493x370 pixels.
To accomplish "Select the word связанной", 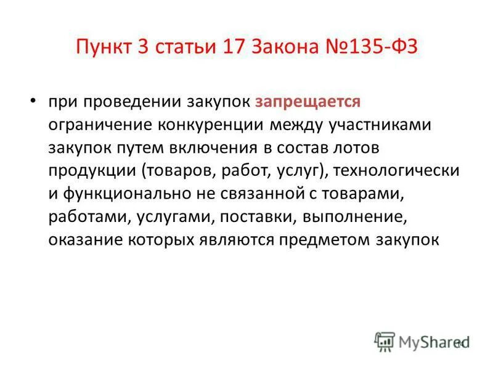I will [x=279, y=194].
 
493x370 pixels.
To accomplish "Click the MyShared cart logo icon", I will [x=385, y=341].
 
